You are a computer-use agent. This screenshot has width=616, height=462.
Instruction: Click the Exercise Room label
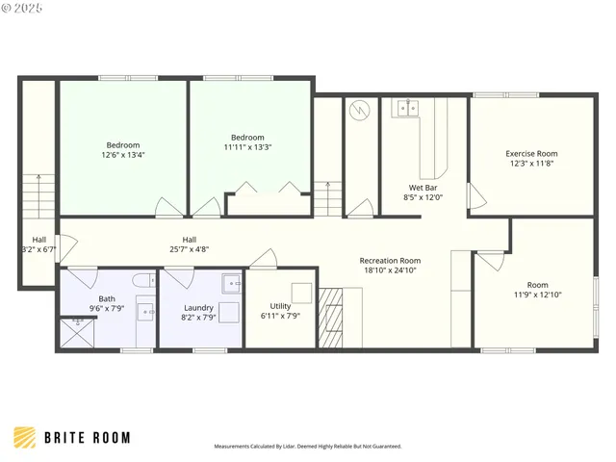[531, 154]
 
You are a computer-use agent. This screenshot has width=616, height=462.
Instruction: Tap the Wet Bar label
[423, 188]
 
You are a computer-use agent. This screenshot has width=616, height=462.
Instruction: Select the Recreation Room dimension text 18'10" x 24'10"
[390, 271]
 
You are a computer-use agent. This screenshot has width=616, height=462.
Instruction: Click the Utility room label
[280, 306]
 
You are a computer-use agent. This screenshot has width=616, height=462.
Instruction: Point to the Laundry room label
[197, 307]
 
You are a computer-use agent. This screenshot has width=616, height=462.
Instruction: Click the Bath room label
[106, 298]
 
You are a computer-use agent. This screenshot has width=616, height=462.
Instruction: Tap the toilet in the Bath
[141, 281]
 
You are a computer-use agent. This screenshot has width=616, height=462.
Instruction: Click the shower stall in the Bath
[74, 333]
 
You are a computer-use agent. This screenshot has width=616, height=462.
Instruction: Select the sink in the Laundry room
[231, 283]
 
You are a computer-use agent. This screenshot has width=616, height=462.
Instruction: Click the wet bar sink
[406, 108]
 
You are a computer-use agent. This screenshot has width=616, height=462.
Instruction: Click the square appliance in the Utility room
[301, 293]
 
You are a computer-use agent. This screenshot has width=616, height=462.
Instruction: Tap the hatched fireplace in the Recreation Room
[330, 317]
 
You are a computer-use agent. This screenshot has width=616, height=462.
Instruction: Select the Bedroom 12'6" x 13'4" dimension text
[123, 154]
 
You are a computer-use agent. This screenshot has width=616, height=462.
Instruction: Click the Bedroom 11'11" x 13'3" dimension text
[248, 147]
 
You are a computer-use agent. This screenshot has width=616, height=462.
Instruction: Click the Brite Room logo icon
[26, 438]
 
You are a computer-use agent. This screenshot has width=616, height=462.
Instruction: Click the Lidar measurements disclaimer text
[307, 447]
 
